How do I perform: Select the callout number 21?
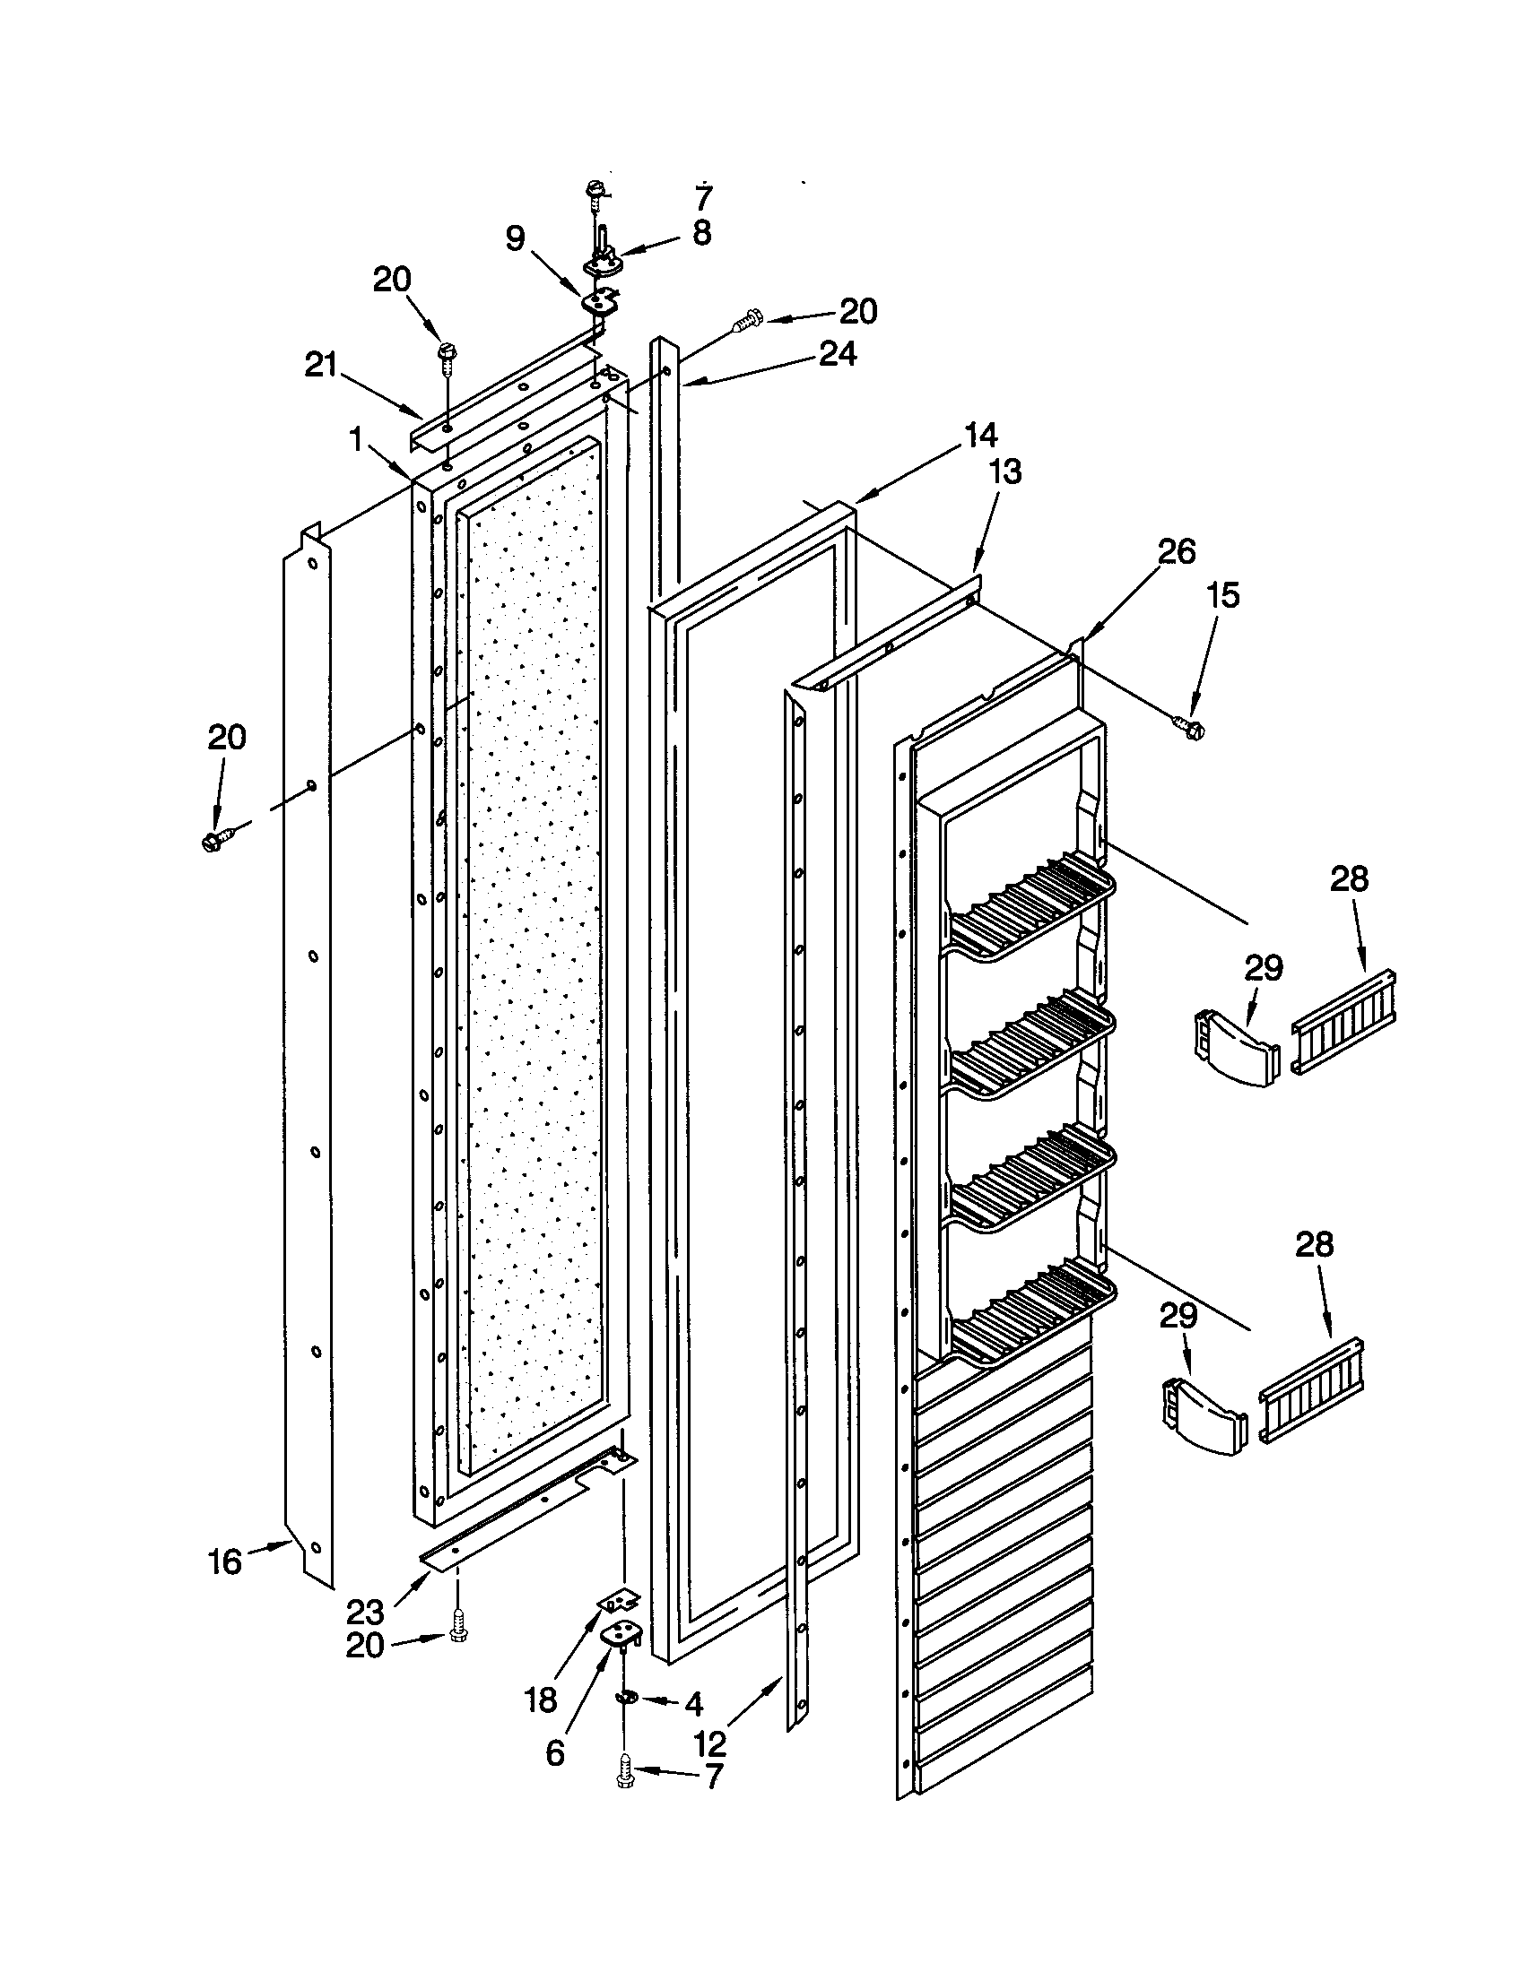tap(321, 366)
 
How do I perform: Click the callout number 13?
tap(1004, 471)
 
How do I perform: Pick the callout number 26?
tap(1176, 550)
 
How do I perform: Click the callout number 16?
tap(225, 1561)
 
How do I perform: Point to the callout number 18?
tap(542, 1700)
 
